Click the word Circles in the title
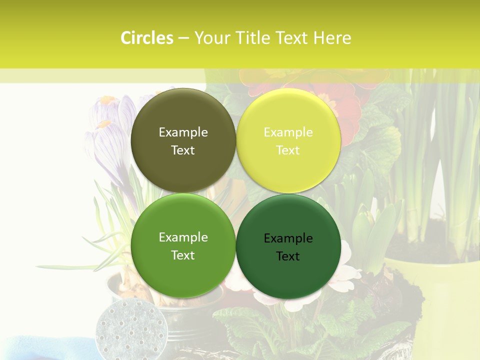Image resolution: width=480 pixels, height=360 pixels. click(x=146, y=38)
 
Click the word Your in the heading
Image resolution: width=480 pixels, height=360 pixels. click(x=213, y=38)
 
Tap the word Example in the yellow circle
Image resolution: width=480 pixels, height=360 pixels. click(x=288, y=132)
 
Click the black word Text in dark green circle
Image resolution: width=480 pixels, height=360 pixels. click(x=288, y=256)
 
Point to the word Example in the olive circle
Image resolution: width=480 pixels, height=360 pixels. click(x=183, y=132)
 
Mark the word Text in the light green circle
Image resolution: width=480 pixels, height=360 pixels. click(x=183, y=255)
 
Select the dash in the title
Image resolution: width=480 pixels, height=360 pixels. click(x=183, y=38)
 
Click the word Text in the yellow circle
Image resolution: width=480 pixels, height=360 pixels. click(x=288, y=150)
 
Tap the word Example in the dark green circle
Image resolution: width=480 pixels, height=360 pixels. click(x=288, y=238)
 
